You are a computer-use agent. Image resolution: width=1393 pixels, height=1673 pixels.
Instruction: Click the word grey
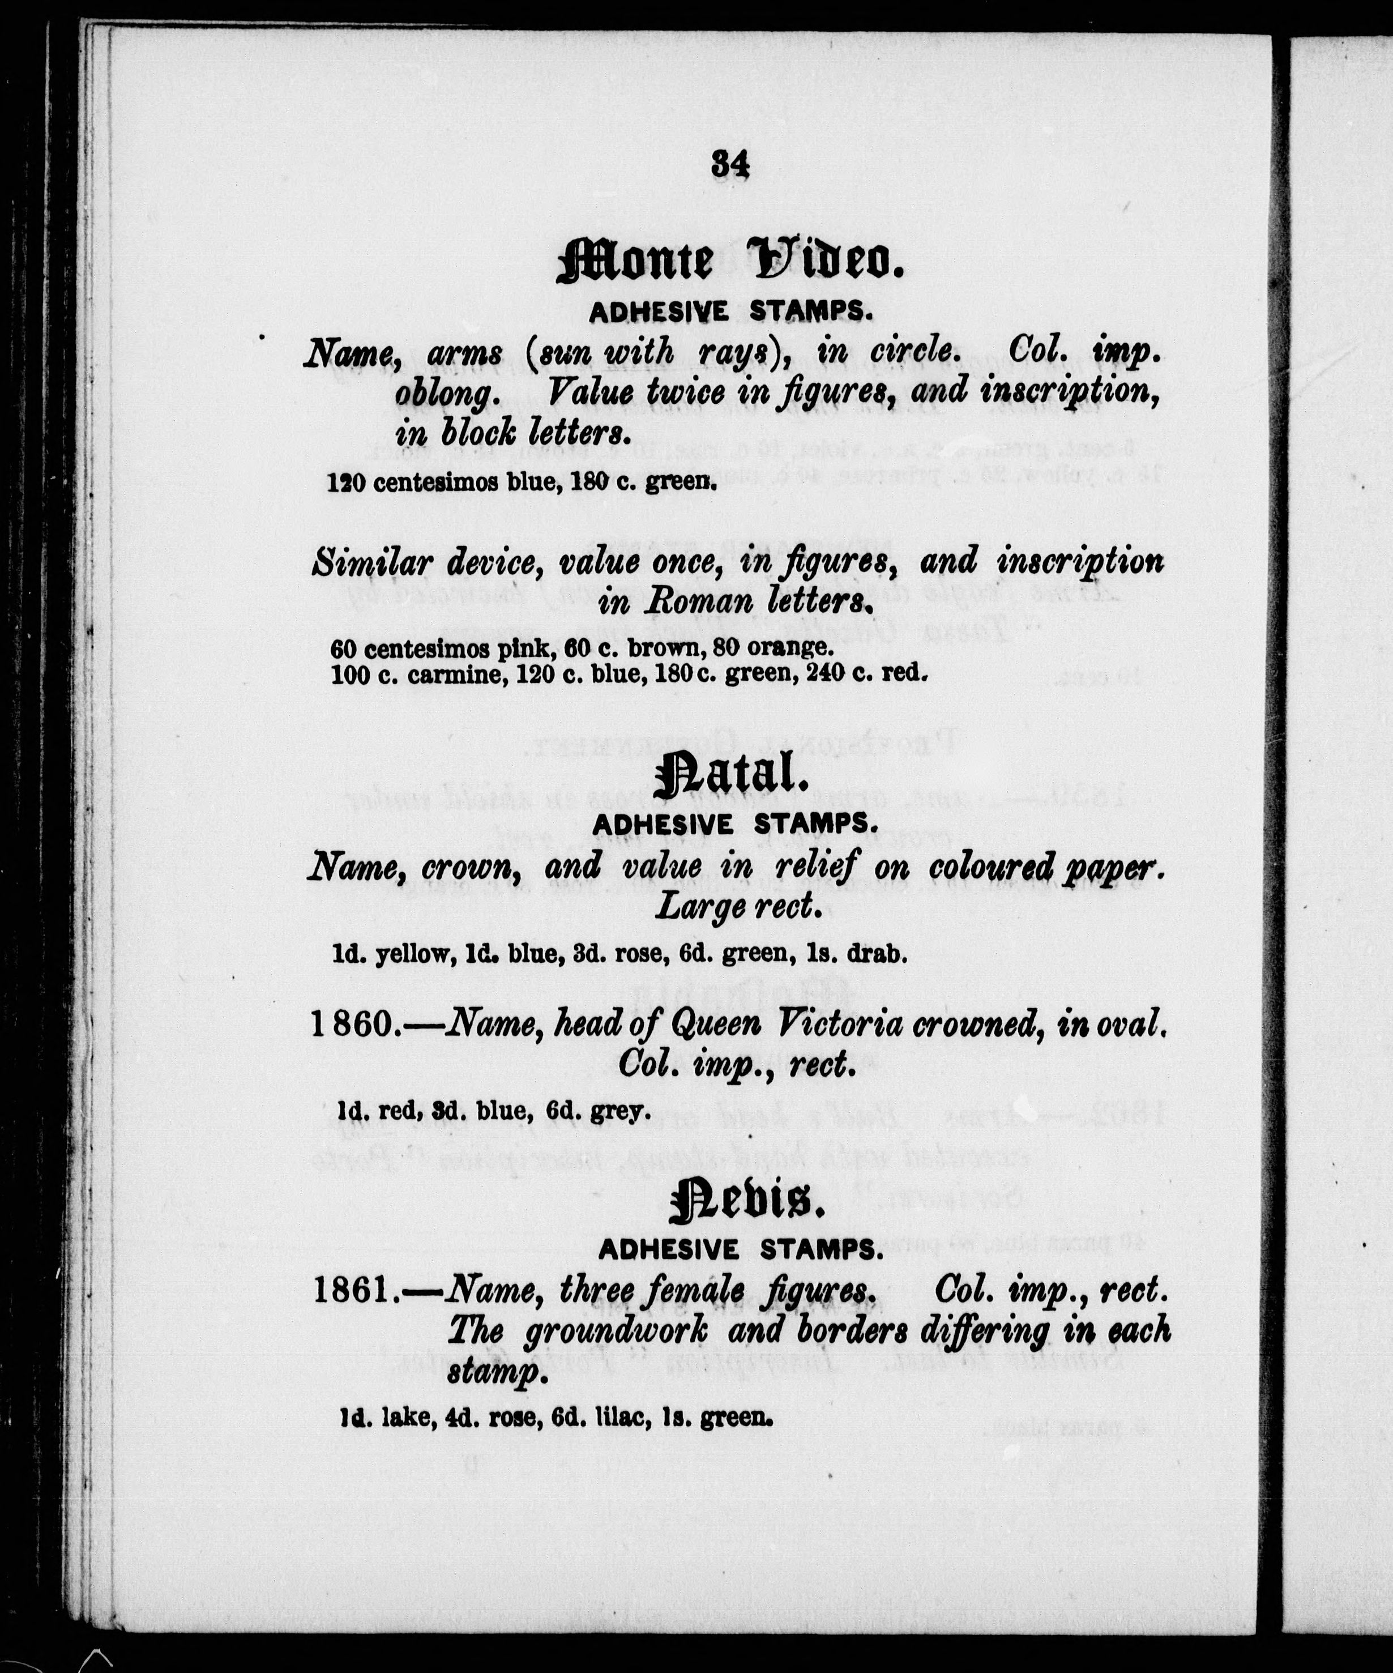[615, 1111]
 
